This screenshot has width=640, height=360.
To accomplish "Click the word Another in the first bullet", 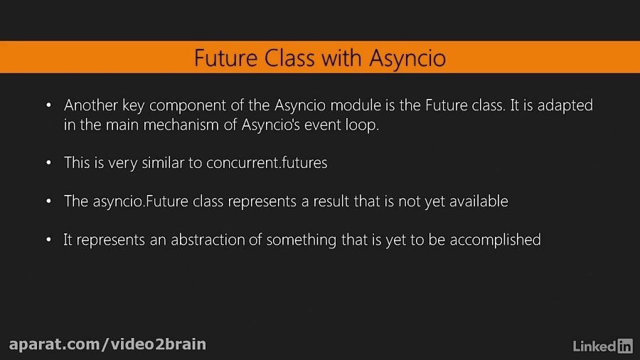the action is point(90,105).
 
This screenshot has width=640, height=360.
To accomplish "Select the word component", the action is point(187,106).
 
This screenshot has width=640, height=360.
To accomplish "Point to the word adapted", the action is point(565,106).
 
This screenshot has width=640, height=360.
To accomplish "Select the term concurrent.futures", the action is point(267,163).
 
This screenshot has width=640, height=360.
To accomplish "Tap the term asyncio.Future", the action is point(158,201).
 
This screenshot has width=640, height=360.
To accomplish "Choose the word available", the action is point(479,201).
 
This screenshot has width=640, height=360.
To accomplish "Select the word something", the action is point(302,240).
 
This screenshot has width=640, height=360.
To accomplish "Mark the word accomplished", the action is point(495,240).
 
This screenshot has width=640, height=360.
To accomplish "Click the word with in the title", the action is point(341,58).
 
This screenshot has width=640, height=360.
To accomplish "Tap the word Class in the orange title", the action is point(289,58).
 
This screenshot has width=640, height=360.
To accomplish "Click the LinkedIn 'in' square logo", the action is point(624,346).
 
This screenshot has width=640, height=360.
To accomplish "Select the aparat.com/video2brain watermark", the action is point(107,344).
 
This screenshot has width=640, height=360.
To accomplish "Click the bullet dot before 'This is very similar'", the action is point(48,163).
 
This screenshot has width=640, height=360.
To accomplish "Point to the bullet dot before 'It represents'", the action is point(48,240).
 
